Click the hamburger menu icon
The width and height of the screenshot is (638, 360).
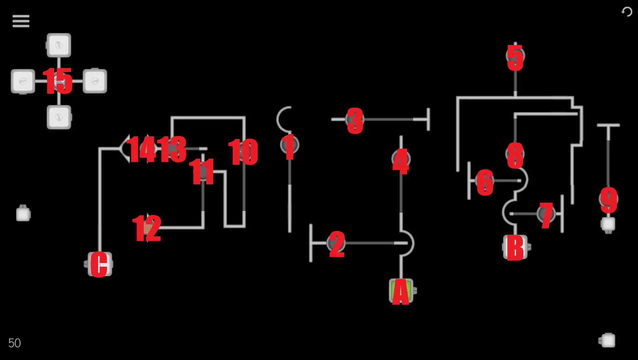(21, 21)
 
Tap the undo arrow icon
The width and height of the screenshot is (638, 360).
(627, 12)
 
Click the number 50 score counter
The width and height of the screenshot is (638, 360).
(14, 343)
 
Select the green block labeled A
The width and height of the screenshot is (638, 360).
(401, 291)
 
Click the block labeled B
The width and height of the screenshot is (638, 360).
(515, 247)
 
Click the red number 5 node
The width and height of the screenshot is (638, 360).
(515, 57)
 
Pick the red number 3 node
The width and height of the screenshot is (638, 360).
(355, 120)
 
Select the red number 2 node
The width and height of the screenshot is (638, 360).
(336, 243)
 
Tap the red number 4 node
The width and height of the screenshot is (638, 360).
(401, 160)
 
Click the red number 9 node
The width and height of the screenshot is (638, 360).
(609, 199)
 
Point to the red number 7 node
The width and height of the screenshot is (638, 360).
(546, 214)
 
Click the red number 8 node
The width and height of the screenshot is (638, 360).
(515, 154)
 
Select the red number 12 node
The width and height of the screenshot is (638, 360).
(147, 228)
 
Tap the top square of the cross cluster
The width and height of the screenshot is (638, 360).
(59, 45)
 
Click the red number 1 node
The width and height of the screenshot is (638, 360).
(290, 145)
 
